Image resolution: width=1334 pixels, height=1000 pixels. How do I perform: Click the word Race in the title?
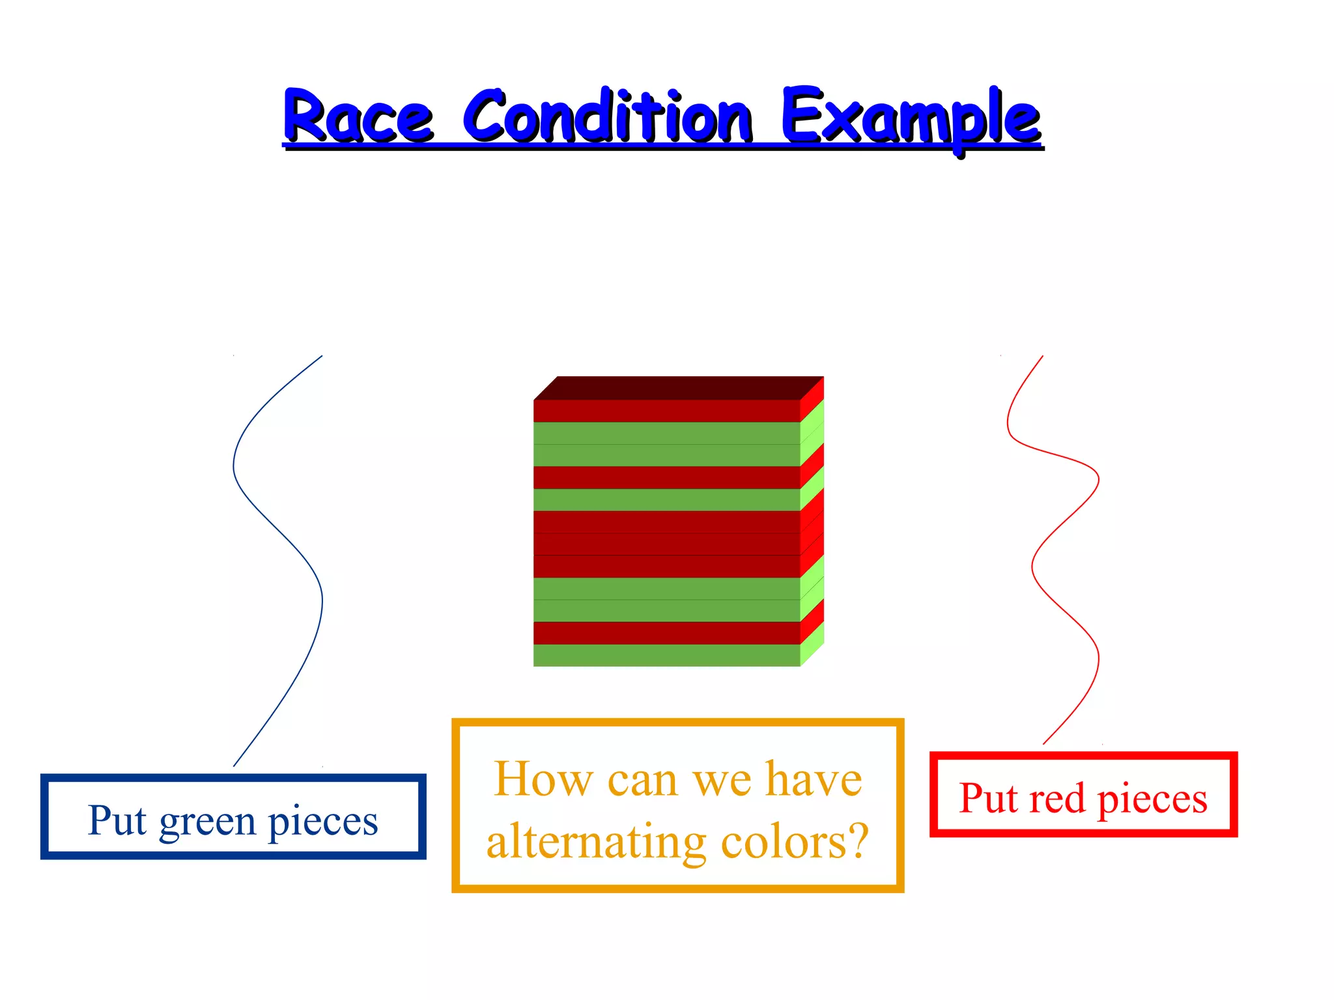click(x=358, y=117)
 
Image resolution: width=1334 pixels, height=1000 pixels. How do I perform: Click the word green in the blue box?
click(x=207, y=821)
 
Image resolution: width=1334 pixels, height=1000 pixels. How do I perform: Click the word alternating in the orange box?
click(x=595, y=841)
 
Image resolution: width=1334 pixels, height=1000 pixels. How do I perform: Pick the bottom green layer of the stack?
click(x=666, y=656)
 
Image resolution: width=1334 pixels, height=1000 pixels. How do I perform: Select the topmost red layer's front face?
click(x=666, y=411)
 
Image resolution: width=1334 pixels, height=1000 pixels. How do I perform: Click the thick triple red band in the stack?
click(x=666, y=544)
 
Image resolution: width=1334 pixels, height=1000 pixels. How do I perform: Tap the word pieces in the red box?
click(x=1152, y=799)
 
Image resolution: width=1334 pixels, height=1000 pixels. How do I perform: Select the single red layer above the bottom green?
click(x=666, y=633)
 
